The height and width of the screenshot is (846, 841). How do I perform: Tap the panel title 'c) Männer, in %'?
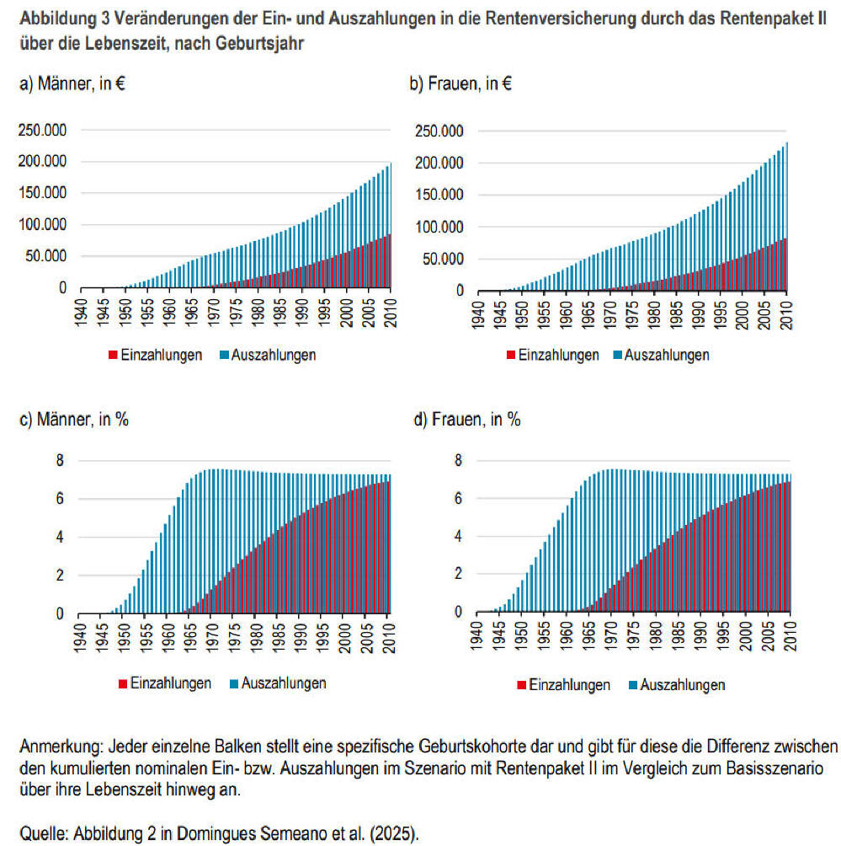pos(74,420)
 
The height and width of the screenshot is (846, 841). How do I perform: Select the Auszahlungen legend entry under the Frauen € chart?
pos(666,355)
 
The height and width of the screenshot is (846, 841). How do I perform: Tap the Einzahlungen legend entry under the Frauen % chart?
pos(569,685)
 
